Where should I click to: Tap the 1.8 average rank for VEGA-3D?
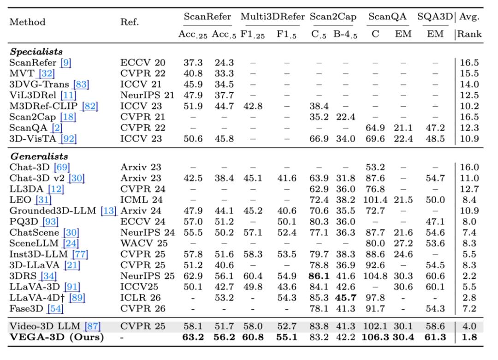469,337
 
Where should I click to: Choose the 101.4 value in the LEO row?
379,201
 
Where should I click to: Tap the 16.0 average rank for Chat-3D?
469,168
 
